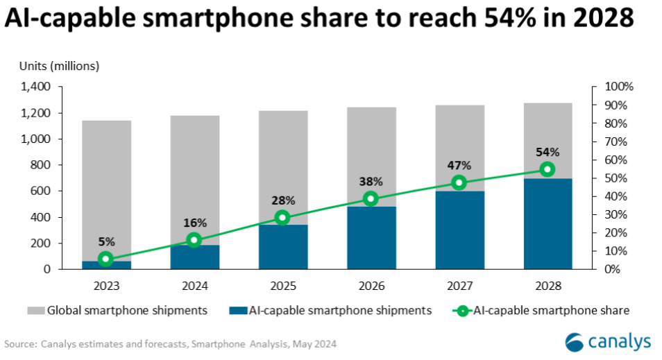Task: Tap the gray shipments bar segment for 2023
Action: click(x=106, y=187)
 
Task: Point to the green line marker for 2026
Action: click(x=371, y=198)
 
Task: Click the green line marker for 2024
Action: click(x=194, y=240)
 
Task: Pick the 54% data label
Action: click(x=548, y=152)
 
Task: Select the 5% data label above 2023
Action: click(x=106, y=242)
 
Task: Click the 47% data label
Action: click(x=459, y=166)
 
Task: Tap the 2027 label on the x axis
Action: click(x=459, y=286)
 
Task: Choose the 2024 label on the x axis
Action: click(x=194, y=286)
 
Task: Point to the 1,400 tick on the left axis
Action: click(x=36, y=87)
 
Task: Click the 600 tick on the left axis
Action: click(x=42, y=191)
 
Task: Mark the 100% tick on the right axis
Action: click(x=620, y=87)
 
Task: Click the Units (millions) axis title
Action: click(x=59, y=66)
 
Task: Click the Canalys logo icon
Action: click(x=575, y=342)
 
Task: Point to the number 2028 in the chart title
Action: click(x=602, y=19)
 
